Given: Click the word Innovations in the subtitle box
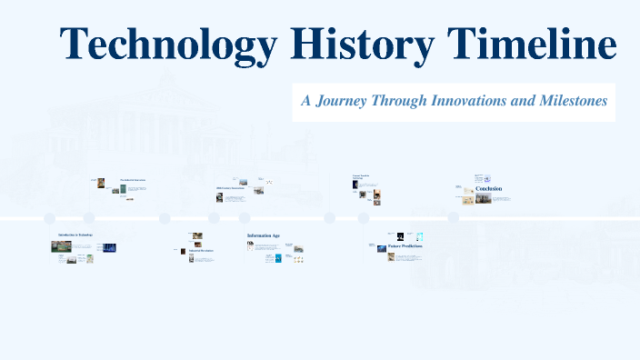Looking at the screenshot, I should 461,101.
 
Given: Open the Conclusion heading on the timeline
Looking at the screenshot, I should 489,189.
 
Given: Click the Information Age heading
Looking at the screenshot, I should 264,236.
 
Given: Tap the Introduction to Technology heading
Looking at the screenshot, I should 75,235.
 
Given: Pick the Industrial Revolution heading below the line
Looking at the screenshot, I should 201,250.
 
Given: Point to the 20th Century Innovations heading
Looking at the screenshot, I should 231,189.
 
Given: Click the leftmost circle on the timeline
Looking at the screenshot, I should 50,218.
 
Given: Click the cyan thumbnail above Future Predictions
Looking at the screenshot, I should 419,236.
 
